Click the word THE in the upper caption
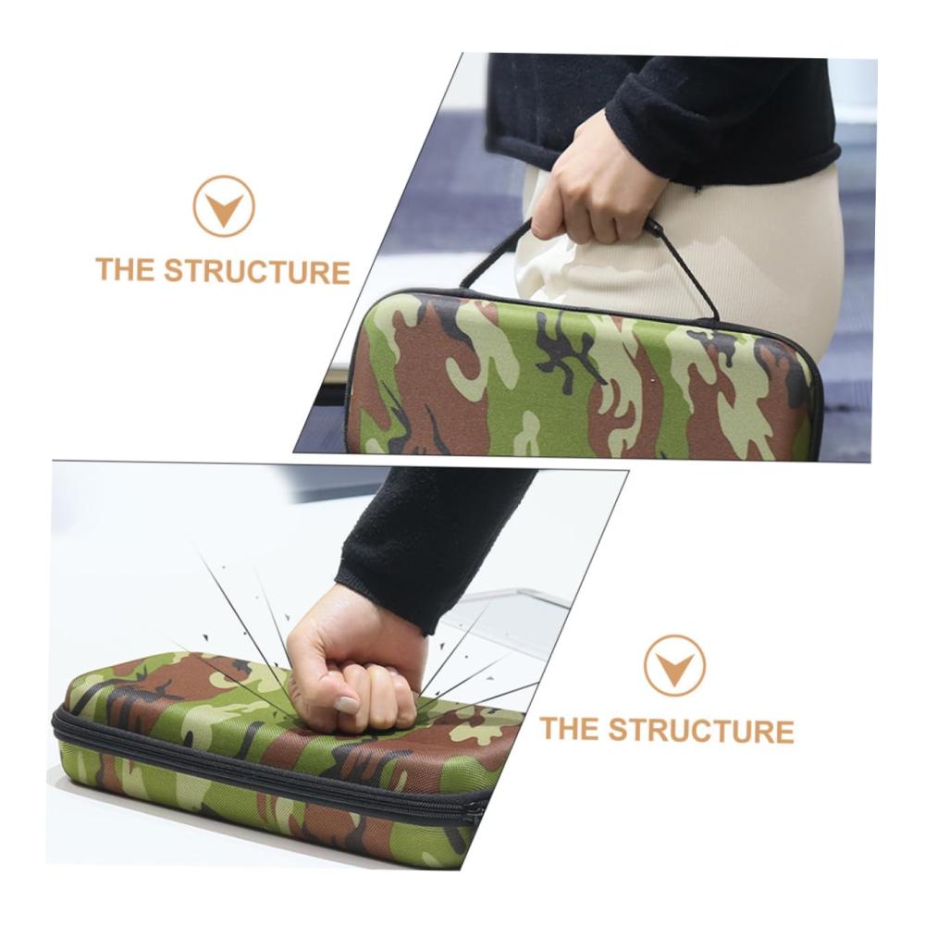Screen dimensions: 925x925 click(x=126, y=269)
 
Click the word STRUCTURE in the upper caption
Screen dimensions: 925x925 click(x=256, y=271)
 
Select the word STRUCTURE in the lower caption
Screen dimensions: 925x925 click(x=701, y=730)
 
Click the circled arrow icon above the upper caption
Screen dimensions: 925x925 click(x=224, y=206)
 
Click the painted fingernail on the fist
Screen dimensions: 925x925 click(x=347, y=703)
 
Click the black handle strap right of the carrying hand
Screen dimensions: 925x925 click(x=687, y=268)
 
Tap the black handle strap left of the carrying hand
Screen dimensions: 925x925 click(x=496, y=253)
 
